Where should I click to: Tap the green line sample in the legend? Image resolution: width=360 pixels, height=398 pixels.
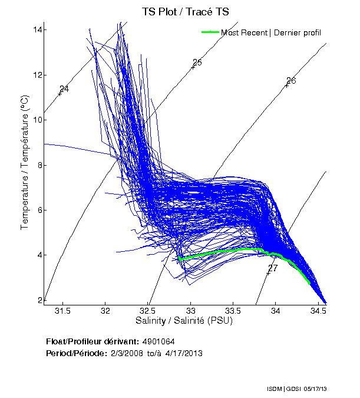pyautogui.click(x=210, y=32)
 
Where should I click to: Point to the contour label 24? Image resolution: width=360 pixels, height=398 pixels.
pyautogui.click(x=64, y=89)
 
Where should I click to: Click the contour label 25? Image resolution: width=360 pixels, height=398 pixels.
pyautogui.click(x=197, y=63)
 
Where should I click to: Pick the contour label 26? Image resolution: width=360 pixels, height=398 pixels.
pyautogui.click(x=291, y=81)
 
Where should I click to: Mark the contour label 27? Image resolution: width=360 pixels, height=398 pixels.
pyautogui.click(x=273, y=268)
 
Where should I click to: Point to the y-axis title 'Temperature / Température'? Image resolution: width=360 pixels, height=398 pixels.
pyautogui.click(x=25, y=165)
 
